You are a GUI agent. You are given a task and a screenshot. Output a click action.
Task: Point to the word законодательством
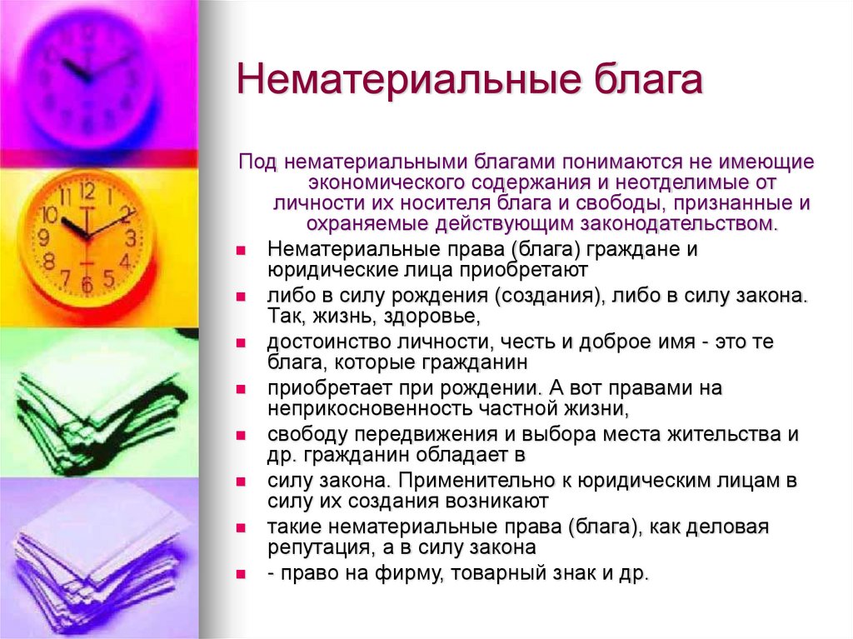(662, 223)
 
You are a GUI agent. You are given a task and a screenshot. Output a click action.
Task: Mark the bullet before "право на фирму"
(240, 575)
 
